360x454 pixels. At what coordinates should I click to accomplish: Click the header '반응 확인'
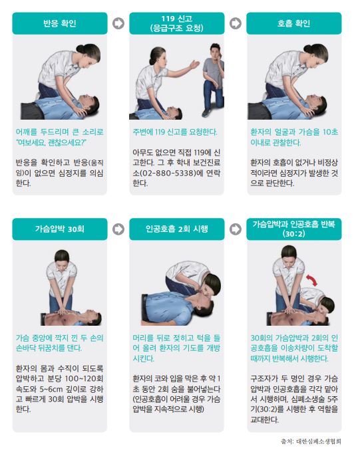[60, 23]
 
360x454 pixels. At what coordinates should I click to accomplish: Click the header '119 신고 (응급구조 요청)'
[177, 23]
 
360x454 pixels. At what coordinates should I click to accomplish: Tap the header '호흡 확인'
[294, 23]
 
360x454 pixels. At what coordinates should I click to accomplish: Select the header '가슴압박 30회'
[60, 229]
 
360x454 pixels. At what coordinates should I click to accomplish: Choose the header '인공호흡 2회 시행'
[177, 229]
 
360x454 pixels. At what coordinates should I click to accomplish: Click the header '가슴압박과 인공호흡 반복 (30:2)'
[294, 229]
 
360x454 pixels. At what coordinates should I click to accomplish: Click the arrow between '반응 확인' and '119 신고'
[118, 23]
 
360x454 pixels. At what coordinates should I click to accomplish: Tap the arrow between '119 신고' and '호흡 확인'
[236, 23]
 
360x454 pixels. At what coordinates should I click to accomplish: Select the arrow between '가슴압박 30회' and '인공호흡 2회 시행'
[118, 229]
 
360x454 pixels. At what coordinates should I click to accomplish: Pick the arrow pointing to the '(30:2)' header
[236, 229]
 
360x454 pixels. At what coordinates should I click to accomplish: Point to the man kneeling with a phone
[214, 80]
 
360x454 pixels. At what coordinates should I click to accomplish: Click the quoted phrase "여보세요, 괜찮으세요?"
[52, 142]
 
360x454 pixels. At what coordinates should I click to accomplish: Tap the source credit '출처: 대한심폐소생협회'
[311, 441]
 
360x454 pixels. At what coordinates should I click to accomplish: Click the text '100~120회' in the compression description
[84, 379]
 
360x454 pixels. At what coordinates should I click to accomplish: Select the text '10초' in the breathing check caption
[330, 132]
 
